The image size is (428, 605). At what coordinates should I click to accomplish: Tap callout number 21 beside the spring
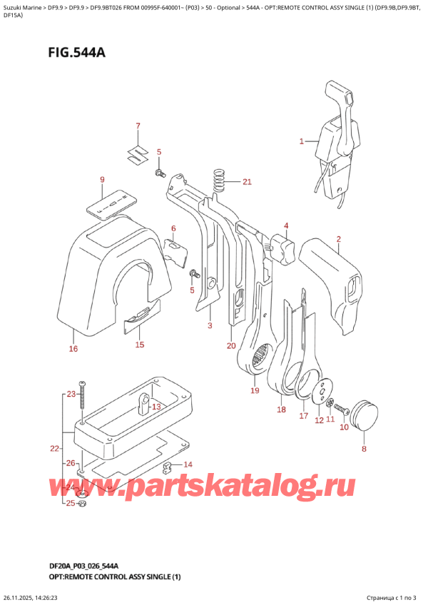[247, 182]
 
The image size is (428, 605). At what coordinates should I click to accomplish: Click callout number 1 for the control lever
[302, 141]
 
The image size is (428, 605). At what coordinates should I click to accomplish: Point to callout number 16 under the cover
[73, 349]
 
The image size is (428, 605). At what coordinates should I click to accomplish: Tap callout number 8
[363, 449]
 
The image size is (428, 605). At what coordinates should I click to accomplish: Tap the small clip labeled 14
[168, 468]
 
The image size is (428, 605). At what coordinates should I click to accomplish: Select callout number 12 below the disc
[319, 421]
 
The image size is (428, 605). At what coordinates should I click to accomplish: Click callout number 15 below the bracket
[139, 345]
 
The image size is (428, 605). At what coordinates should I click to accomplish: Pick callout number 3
[210, 326]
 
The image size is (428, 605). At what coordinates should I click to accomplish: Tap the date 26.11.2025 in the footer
[21, 598]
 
